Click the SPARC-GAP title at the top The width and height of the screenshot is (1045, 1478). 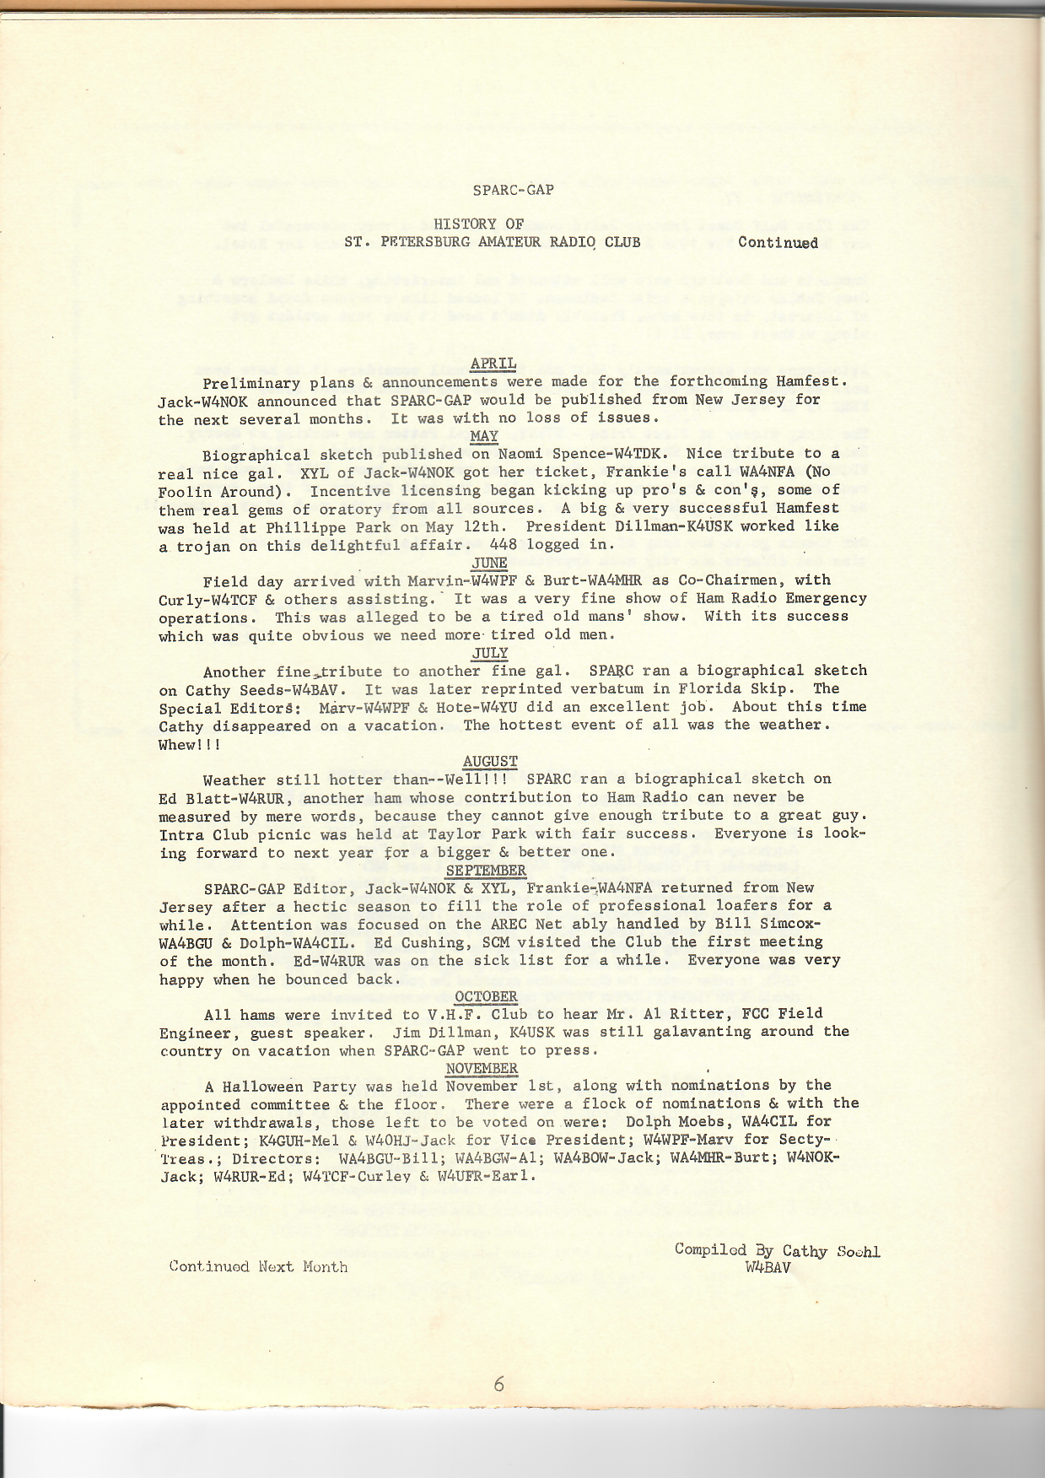[x=513, y=190]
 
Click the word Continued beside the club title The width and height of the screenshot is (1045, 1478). [x=778, y=243]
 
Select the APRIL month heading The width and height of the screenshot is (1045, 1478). [x=493, y=364]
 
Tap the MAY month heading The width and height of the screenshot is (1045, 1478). [x=485, y=436]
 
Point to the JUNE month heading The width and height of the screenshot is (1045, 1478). [x=490, y=563]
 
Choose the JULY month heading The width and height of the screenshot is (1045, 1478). [x=490, y=653]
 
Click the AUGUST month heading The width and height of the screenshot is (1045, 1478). [x=490, y=762]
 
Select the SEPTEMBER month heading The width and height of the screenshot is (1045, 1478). [x=486, y=870]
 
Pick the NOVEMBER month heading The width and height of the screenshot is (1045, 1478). [x=482, y=1068]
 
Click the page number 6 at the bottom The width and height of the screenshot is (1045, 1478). [x=499, y=1384]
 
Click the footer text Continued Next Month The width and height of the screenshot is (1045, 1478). [x=258, y=1266]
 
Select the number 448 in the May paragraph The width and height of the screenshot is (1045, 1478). [x=504, y=544]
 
